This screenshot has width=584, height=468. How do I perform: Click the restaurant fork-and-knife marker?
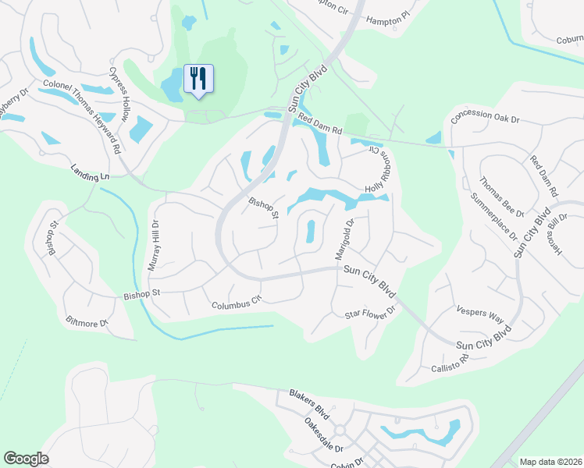click(198, 79)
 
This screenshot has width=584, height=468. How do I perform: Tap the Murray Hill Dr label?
click(155, 245)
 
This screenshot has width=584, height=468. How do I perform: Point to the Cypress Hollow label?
click(119, 93)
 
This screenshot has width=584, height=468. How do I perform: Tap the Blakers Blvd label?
click(309, 401)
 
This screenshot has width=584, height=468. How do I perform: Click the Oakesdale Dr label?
click(324, 435)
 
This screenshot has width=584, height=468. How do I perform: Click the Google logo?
click(27, 459)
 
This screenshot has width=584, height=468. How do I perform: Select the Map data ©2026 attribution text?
click(550, 462)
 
